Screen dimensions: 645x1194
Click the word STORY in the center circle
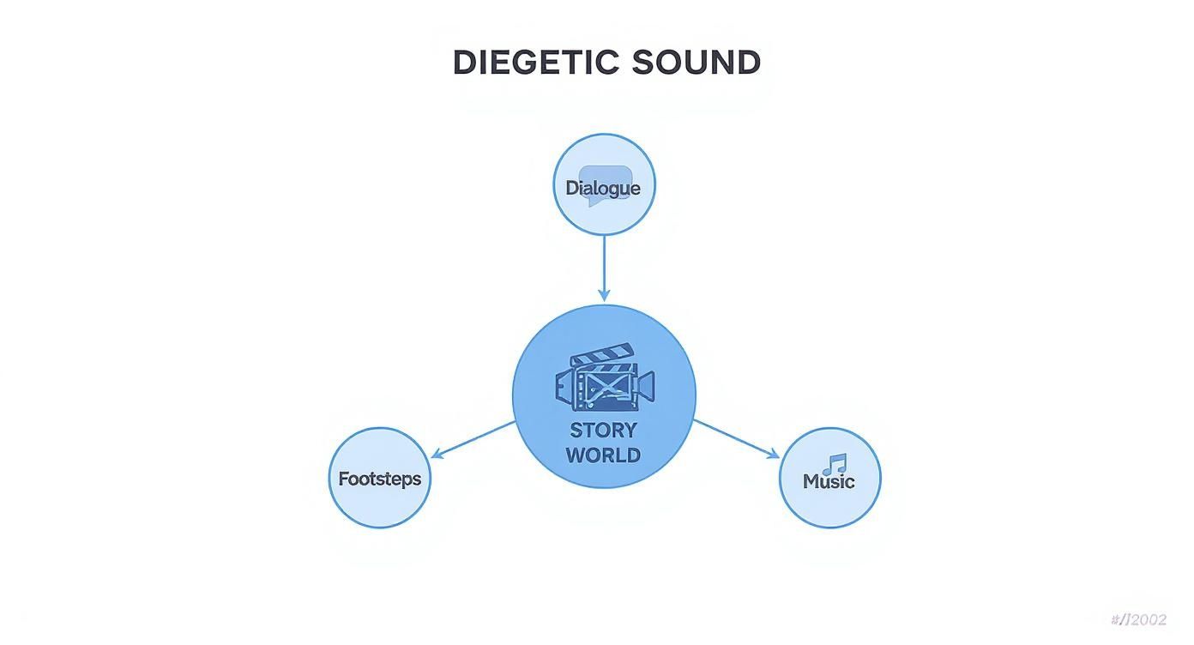point(603,430)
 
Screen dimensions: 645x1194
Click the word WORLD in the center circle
point(603,455)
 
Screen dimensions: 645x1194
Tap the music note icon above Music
point(834,464)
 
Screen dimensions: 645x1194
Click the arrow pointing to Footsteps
point(474,439)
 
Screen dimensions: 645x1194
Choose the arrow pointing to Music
point(735,438)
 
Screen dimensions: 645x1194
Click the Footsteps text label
point(380,479)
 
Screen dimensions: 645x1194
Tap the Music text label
point(829,481)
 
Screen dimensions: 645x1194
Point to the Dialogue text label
point(603,188)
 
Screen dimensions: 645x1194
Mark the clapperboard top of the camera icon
point(602,355)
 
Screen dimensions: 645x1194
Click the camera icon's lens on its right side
point(644,385)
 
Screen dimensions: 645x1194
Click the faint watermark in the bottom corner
point(1138,620)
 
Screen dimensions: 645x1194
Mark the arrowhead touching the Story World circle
point(604,295)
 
